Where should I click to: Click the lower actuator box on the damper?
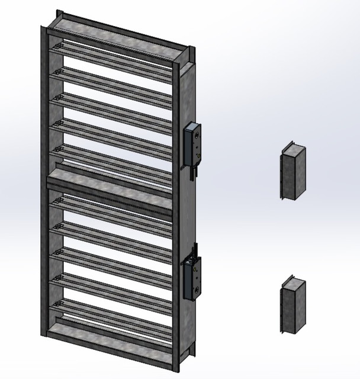pos(193,277)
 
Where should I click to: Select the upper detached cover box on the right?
pos(291,173)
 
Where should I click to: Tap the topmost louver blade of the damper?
pos(112,56)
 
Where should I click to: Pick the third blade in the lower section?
pos(112,261)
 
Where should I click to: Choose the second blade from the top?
pos(112,81)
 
